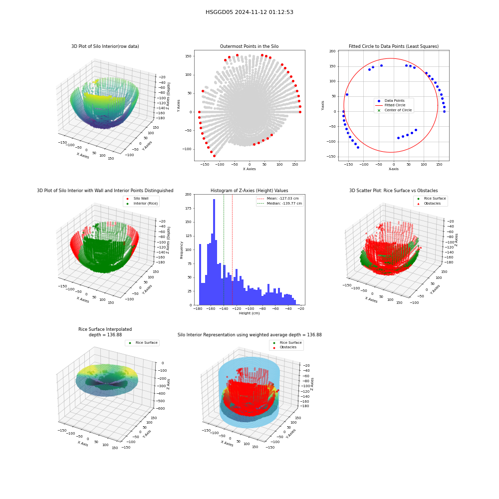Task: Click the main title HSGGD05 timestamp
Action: (x=249, y=12)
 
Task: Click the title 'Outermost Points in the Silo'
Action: (x=249, y=46)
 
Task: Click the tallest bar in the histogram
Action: (x=214, y=252)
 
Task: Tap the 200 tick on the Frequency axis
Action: (x=189, y=195)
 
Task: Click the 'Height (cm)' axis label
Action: (x=249, y=313)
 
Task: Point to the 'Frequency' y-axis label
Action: (x=182, y=250)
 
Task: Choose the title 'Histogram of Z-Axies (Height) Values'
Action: (x=249, y=191)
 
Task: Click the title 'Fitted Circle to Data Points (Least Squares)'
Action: (x=394, y=46)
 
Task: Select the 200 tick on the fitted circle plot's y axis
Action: (x=332, y=51)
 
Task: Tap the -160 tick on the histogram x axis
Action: (x=211, y=309)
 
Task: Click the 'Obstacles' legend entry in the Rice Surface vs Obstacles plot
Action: (x=432, y=204)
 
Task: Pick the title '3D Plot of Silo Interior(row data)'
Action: (x=105, y=46)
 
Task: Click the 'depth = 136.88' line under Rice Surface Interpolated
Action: (x=105, y=335)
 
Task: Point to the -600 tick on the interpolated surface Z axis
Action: (x=161, y=409)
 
